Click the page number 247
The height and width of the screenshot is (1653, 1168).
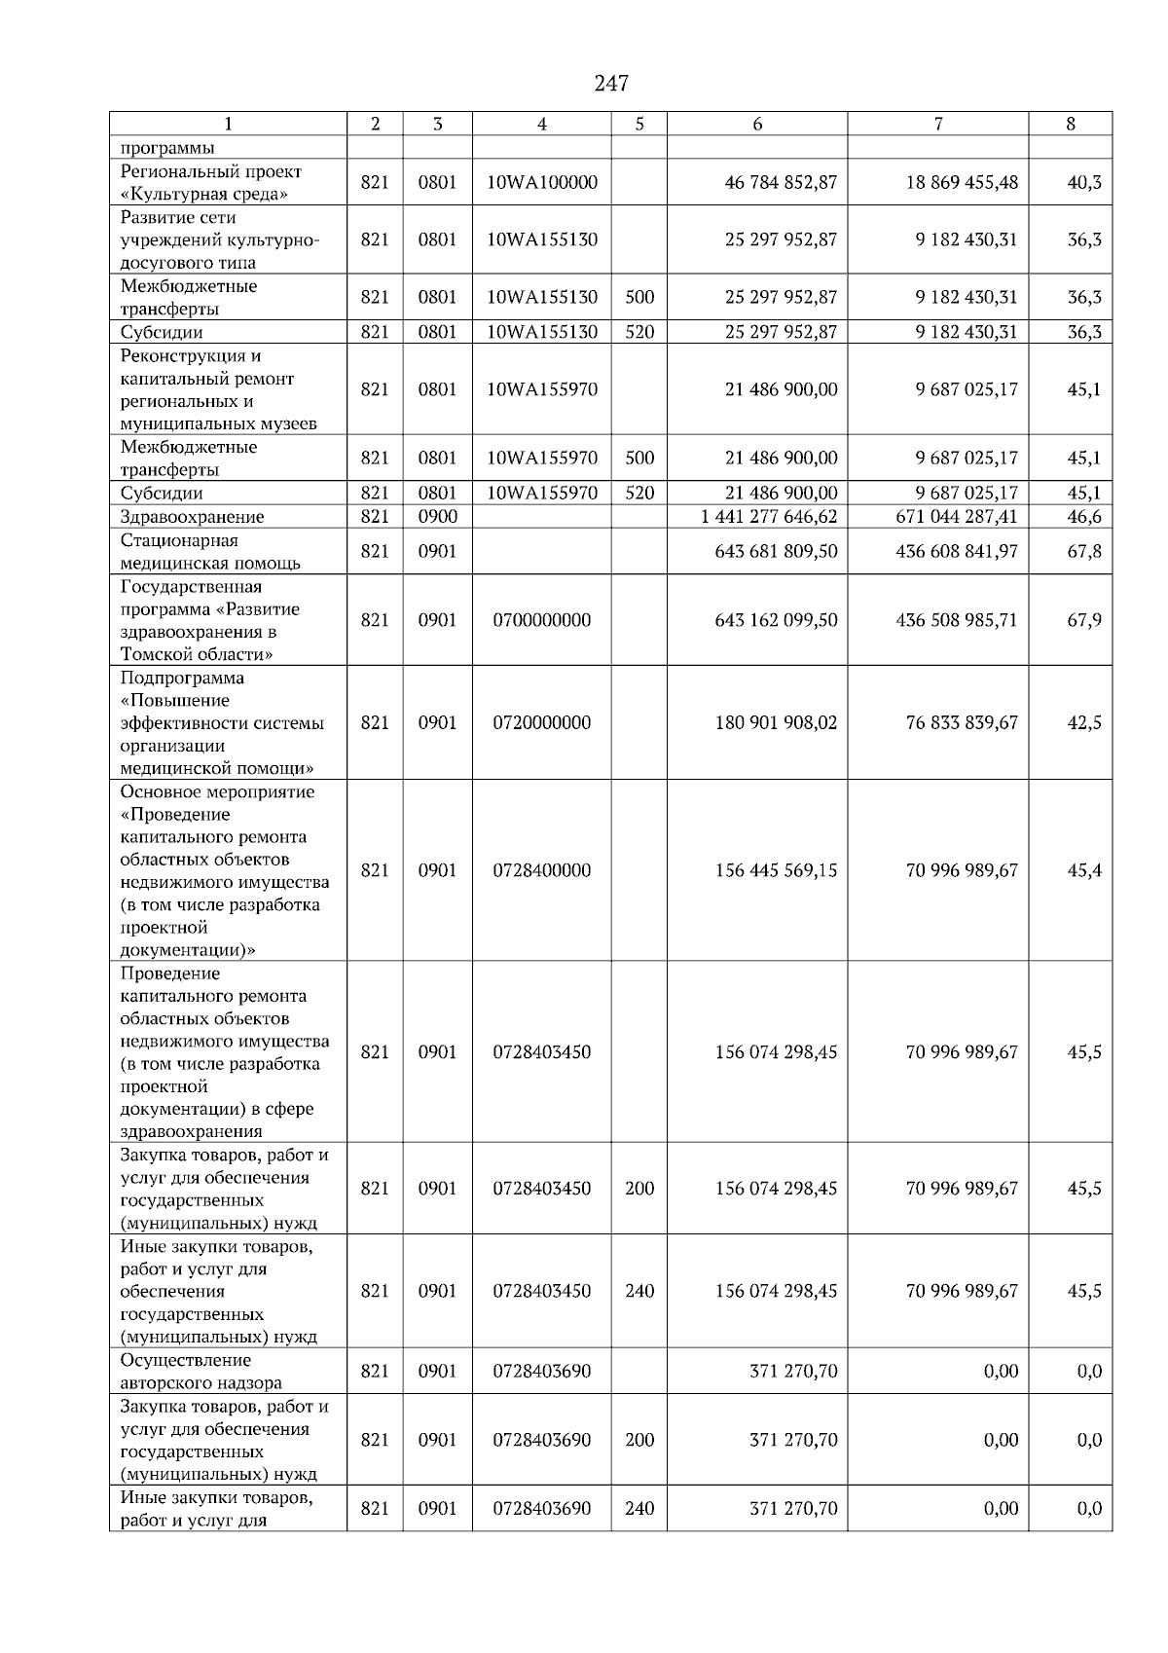pyautogui.click(x=611, y=84)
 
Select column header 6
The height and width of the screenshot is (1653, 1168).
pyautogui.click(x=757, y=124)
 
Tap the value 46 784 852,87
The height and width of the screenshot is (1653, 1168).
pyautogui.click(x=781, y=182)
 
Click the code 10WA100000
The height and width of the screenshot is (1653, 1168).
pyautogui.click(x=542, y=182)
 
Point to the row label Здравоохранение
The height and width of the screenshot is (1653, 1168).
pyautogui.click(x=192, y=517)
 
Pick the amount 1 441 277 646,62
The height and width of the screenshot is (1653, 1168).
pyautogui.click(x=768, y=517)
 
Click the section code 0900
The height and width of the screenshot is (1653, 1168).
pyautogui.click(x=437, y=517)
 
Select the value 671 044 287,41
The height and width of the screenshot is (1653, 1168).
pyautogui.click(x=956, y=517)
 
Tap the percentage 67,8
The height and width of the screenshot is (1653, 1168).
pyautogui.click(x=1083, y=551)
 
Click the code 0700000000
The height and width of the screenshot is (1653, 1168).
pyautogui.click(x=542, y=620)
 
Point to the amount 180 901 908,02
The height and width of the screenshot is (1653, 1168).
pyautogui.click(x=776, y=722)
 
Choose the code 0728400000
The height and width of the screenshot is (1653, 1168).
pyautogui.click(x=542, y=870)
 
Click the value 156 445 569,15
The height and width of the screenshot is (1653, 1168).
pyautogui.click(x=776, y=870)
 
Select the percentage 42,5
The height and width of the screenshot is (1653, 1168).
pyautogui.click(x=1083, y=722)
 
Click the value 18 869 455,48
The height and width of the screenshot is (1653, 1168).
pyautogui.click(x=961, y=182)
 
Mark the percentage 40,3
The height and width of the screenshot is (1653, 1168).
pyautogui.click(x=1083, y=182)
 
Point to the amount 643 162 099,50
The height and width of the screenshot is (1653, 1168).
pyautogui.click(x=776, y=620)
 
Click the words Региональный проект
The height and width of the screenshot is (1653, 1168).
pyautogui.click(x=211, y=171)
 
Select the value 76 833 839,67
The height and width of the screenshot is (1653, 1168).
pyautogui.click(x=961, y=722)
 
